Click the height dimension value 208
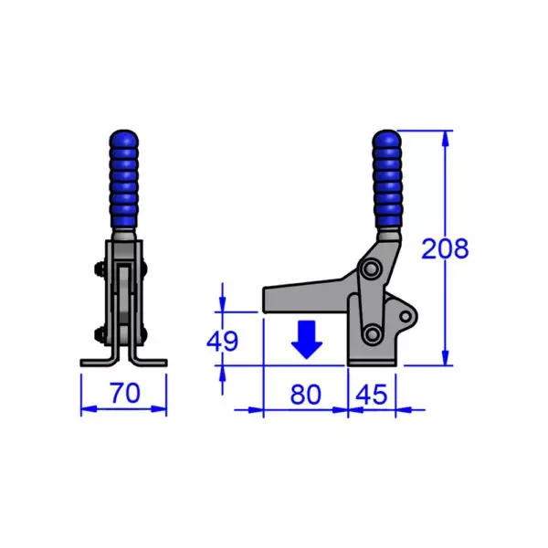(x=445, y=248)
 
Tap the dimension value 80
(x=306, y=395)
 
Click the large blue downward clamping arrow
(x=306, y=341)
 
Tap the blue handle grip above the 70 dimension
(x=124, y=180)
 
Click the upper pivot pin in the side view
(x=371, y=271)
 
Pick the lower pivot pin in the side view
(x=372, y=333)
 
